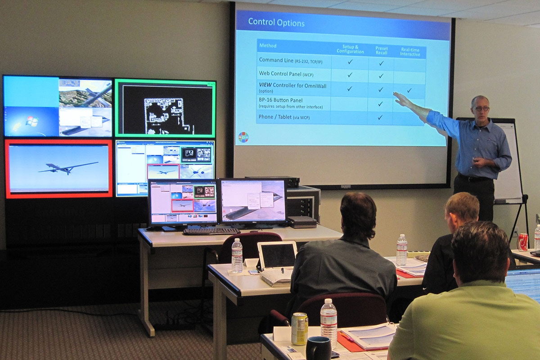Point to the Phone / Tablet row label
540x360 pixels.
pyautogui.click(x=284, y=117)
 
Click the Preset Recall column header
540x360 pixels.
pyautogui.click(x=381, y=51)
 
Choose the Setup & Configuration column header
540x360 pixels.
pyautogui.click(x=350, y=49)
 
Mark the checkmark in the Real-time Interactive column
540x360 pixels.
pyautogui.click(x=409, y=90)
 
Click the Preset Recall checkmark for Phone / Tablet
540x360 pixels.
pyautogui.click(x=380, y=117)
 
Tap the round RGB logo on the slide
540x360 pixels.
pyautogui.click(x=243, y=136)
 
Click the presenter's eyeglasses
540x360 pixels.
pyautogui.click(x=481, y=109)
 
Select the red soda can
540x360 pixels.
pyautogui.click(x=522, y=242)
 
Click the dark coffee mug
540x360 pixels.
pyautogui.click(x=318, y=348)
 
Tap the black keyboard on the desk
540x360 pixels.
pyautogui.click(x=211, y=231)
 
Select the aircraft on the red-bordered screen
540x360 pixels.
pyautogui.click(x=67, y=167)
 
